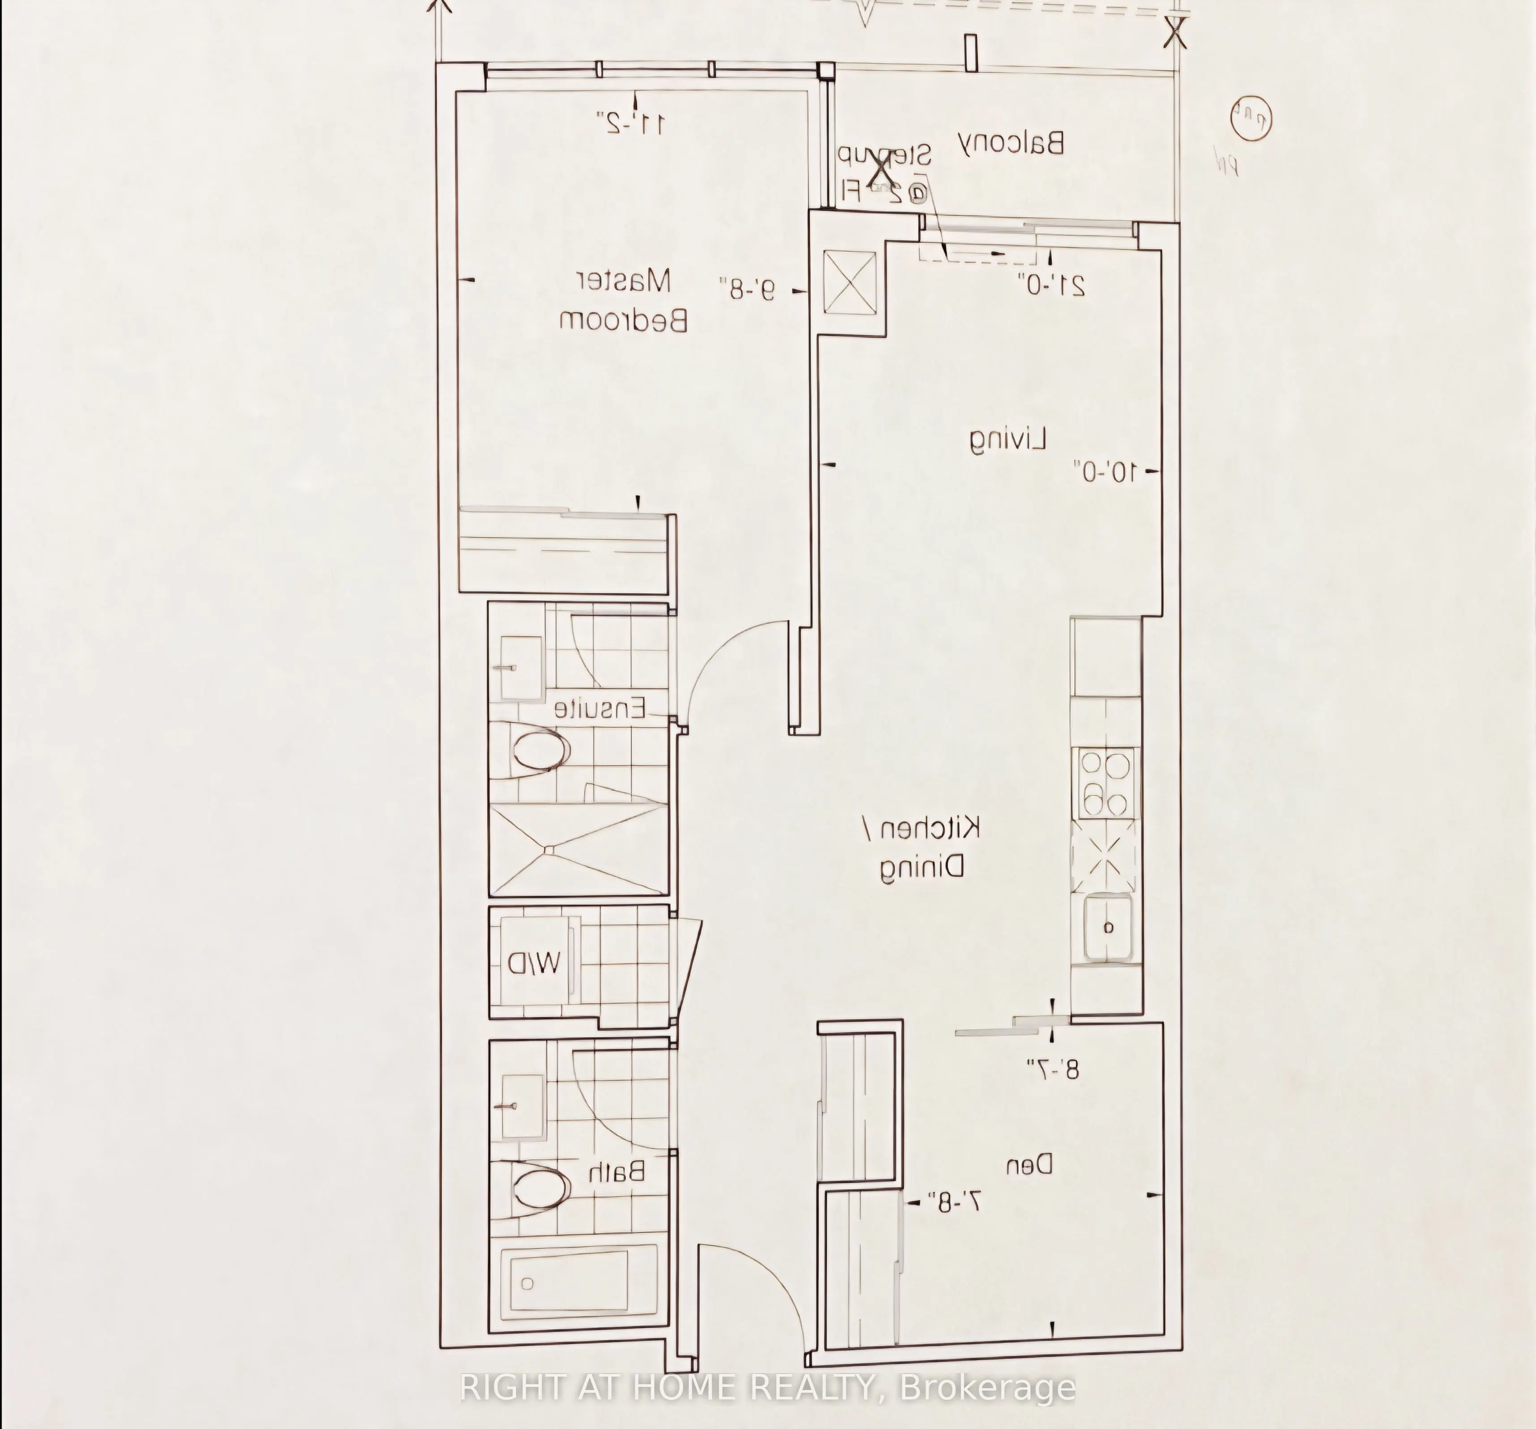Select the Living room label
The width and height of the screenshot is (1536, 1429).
coord(1008,440)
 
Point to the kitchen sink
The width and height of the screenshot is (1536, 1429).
coord(1108,928)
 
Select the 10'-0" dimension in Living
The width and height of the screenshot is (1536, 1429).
coord(1105,471)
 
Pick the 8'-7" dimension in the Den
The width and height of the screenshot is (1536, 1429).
coord(1052,1070)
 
